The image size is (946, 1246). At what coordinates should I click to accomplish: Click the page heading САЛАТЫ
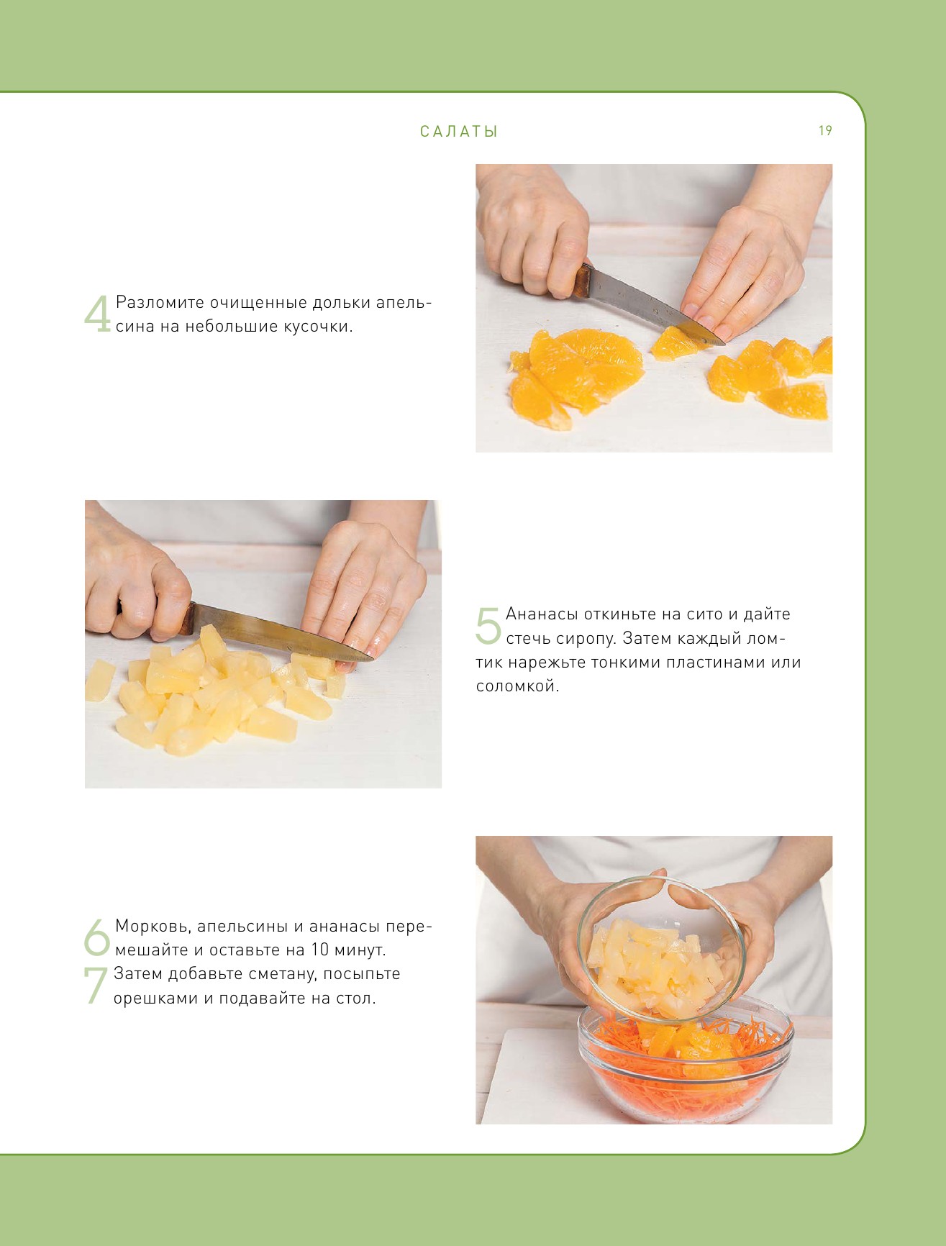(459, 132)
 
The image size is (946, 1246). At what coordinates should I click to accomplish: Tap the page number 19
(825, 130)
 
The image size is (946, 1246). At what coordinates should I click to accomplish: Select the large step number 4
(98, 314)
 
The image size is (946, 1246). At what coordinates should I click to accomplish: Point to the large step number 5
(488, 625)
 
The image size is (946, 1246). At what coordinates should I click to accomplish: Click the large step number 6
(97, 937)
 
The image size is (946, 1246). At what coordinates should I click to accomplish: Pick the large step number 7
(96, 986)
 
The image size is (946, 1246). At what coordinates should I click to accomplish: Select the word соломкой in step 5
(517, 686)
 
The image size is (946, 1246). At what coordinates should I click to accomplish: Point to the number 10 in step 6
(319, 950)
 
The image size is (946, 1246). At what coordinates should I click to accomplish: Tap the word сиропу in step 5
(586, 640)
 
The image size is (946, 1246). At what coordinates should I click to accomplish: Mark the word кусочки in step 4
(317, 327)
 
